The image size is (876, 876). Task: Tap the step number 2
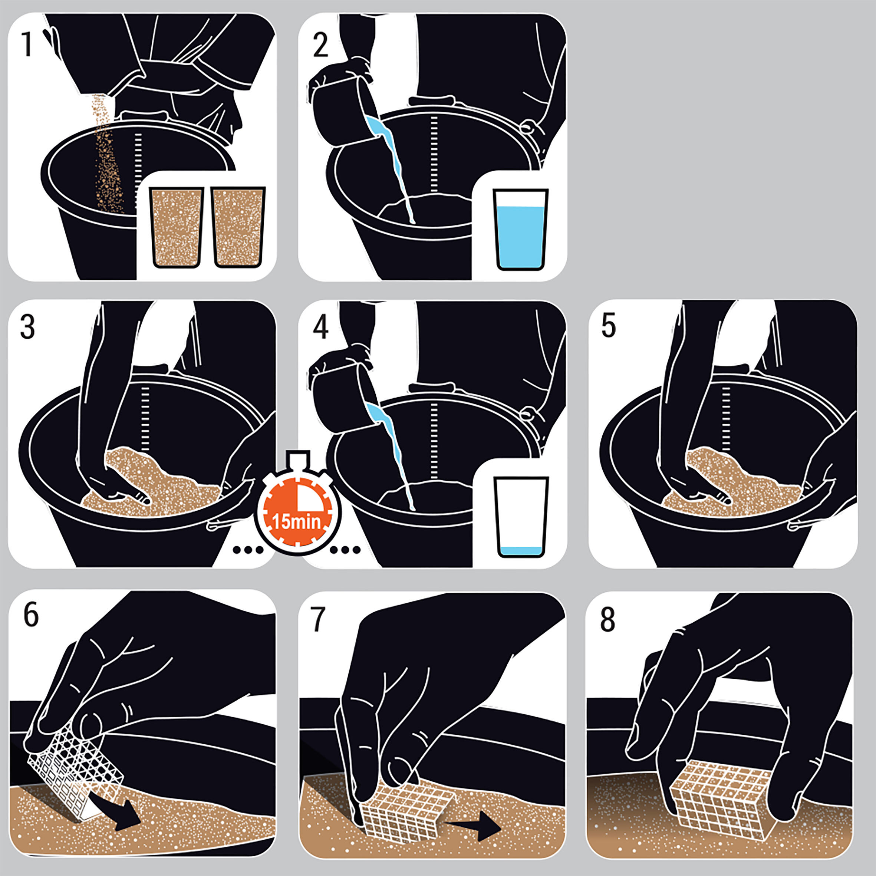point(320,45)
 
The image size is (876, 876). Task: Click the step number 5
point(609,326)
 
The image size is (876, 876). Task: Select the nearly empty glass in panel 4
point(521,517)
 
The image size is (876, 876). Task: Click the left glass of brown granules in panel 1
point(177,227)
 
